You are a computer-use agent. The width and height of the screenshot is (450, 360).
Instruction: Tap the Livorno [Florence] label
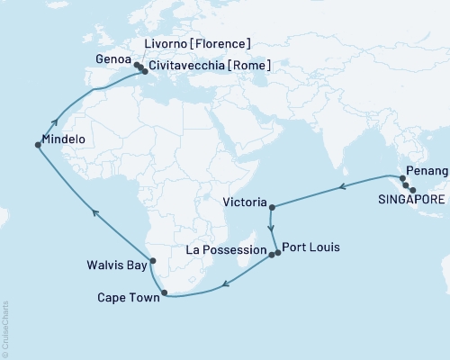click(x=198, y=43)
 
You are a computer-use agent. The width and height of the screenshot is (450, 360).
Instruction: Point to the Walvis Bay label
click(x=117, y=265)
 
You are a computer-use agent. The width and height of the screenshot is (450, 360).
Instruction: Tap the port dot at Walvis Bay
click(x=153, y=261)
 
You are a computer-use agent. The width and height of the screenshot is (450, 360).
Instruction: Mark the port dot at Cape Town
click(x=164, y=292)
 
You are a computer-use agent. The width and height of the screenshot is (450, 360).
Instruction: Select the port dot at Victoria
click(x=272, y=207)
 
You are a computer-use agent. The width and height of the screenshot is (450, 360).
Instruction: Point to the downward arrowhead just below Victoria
click(x=271, y=229)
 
